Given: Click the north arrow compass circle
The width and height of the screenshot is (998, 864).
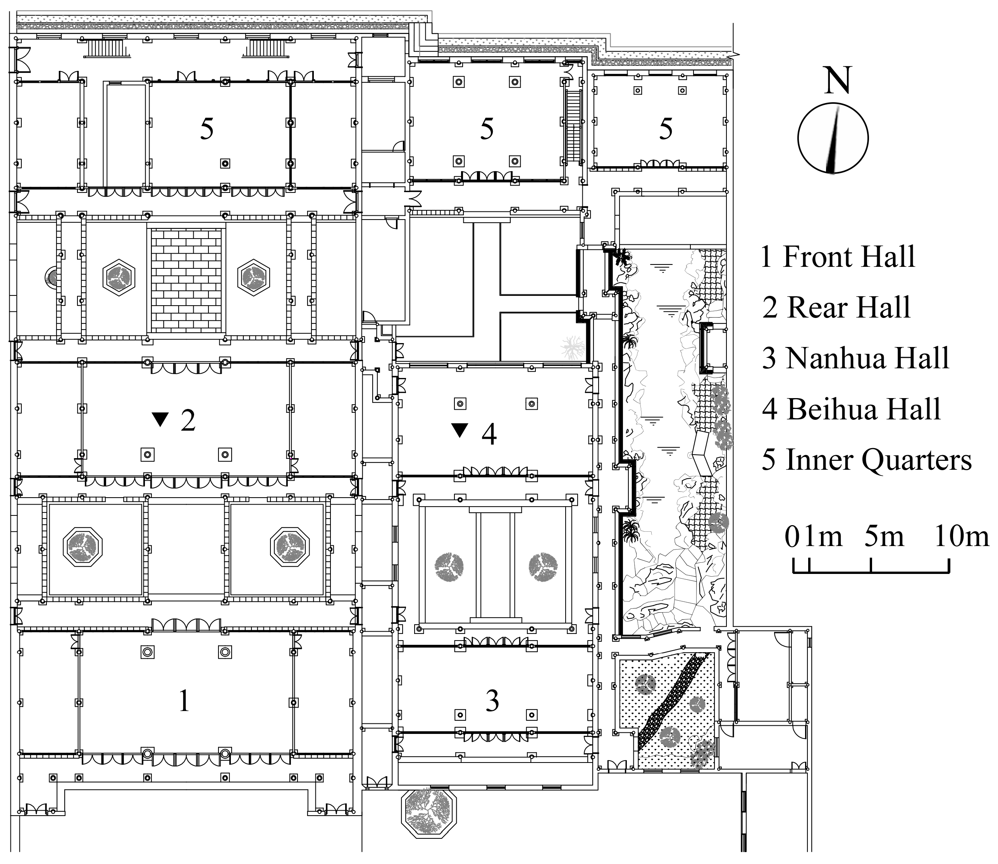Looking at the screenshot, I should pyautogui.click(x=833, y=138).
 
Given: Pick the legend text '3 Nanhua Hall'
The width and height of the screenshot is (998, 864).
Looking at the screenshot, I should pyautogui.click(x=855, y=358).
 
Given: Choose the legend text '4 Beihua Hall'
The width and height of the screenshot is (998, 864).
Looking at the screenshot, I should pyautogui.click(x=852, y=409).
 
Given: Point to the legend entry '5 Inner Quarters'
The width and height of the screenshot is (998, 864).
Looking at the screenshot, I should pyautogui.click(x=866, y=460).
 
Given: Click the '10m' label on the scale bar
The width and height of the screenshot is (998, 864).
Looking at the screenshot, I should pyautogui.click(x=961, y=537).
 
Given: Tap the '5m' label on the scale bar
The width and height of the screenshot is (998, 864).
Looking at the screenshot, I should pyautogui.click(x=884, y=537).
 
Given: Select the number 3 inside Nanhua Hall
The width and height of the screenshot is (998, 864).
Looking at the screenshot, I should pyautogui.click(x=492, y=701).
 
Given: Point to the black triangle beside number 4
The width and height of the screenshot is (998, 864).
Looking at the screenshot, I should pyautogui.click(x=460, y=429).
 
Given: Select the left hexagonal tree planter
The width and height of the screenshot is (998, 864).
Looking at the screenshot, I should pyautogui.click(x=118, y=278).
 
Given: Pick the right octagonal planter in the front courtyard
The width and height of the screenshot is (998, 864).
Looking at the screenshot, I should pyautogui.click(x=289, y=547).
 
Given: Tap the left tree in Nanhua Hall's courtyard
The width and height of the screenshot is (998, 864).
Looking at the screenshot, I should pyautogui.click(x=449, y=567).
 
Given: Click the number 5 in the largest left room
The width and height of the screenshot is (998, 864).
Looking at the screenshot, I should pyautogui.click(x=206, y=129).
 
